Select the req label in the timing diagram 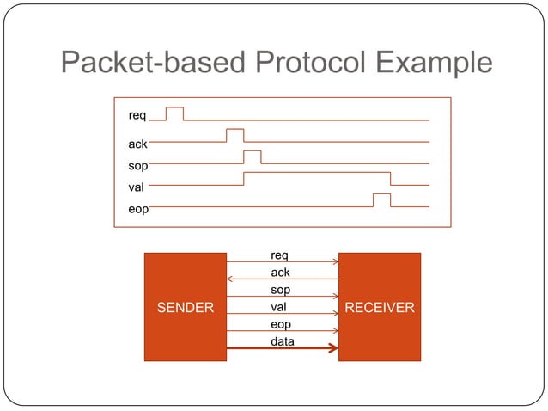[x=137, y=115]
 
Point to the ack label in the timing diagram [x=137, y=144]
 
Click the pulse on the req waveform [x=174, y=113]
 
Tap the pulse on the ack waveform [x=234, y=135]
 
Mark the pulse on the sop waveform [x=252, y=156]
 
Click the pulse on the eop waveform [x=381, y=200]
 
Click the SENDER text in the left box [x=185, y=307]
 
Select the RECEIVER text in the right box [x=380, y=307]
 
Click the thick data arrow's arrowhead [x=333, y=348]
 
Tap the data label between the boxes [x=282, y=341]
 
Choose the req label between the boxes [x=279, y=255]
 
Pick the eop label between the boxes [x=281, y=324]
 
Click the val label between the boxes [x=278, y=307]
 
